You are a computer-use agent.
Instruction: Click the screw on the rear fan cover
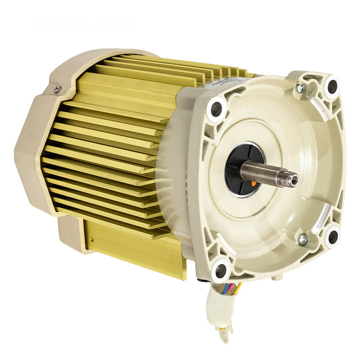pyautogui.click(x=57, y=89)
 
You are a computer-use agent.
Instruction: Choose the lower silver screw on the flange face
pyautogui.click(x=302, y=239)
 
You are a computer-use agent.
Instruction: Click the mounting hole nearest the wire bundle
pyautogui.click(x=220, y=270)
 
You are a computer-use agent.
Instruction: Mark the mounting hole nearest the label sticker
pyautogui.click(x=216, y=108)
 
